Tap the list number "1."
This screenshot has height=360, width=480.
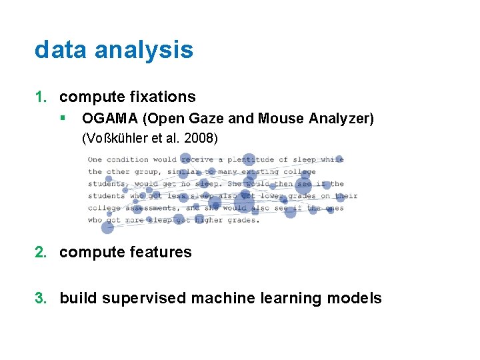coord(41,97)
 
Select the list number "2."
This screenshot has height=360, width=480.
coord(41,252)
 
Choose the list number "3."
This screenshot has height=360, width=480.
coord(41,298)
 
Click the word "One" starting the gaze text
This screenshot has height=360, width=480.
coord(95,159)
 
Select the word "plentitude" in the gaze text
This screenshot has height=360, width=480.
coord(251,159)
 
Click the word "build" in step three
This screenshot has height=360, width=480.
coord(77,298)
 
